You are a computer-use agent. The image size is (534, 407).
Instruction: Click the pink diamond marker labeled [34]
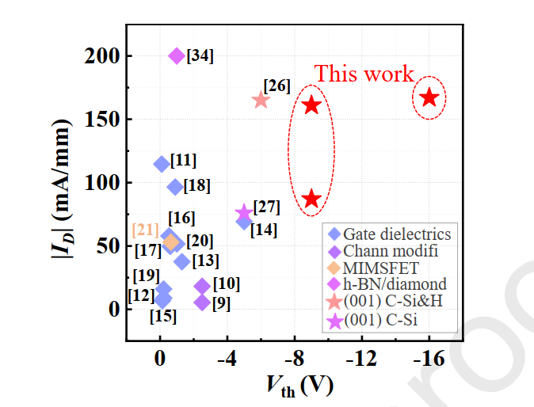pos(177,56)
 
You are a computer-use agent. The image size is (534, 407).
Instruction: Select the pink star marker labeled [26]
pos(261,100)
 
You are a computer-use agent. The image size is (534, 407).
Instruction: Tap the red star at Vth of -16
pos(429,97)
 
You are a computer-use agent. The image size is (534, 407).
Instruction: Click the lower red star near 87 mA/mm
pos(311,199)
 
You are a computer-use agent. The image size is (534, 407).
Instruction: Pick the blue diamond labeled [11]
pos(162,164)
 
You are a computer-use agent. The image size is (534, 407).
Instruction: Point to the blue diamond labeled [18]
pos(175,187)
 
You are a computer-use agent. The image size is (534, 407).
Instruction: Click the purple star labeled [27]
pos(244,213)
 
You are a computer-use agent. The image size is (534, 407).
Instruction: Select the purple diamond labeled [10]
pos(202,286)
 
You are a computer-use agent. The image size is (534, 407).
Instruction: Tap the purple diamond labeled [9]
pos(202,302)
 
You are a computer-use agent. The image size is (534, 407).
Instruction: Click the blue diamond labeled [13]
pos(182,261)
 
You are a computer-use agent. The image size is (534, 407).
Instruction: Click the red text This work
pos(364,74)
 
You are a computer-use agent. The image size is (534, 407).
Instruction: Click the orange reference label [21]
pos(146,230)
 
